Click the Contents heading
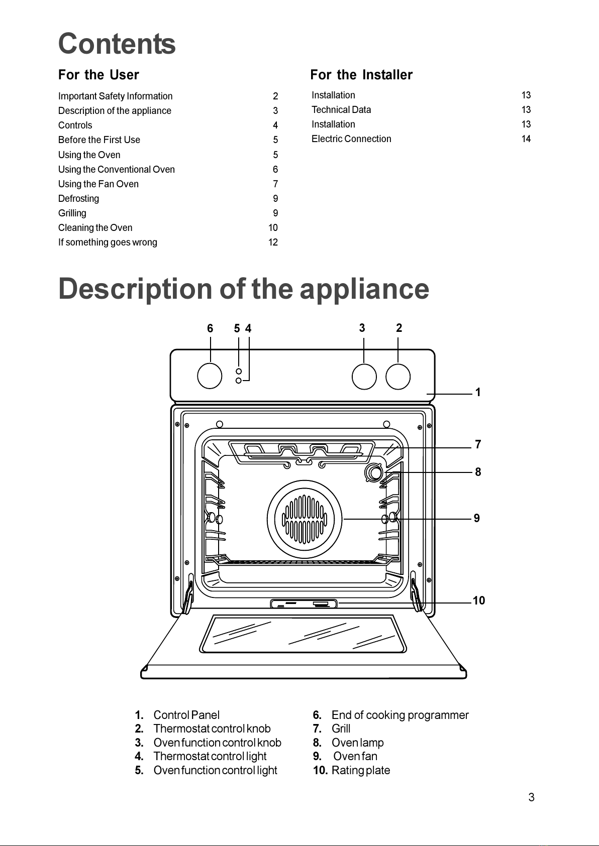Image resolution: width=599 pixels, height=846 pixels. [x=117, y=44]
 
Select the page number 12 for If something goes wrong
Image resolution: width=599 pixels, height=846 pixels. [x=273, y=242]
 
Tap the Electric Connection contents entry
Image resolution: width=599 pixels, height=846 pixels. [x=351, y=139]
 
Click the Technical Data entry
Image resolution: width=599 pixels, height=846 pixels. [x=341, y=109]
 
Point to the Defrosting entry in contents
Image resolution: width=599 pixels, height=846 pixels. [x=78, y=199]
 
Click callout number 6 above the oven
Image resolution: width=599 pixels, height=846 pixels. [x=210, y=328]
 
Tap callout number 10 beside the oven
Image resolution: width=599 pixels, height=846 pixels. [x=479, y=600]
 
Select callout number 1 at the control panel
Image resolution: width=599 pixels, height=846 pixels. [x=478, y=393]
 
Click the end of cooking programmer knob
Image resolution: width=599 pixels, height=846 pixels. [x=210, y=376]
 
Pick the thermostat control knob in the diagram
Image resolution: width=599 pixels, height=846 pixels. [x=398, y=377]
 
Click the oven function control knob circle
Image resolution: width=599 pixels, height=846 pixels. [x=364, y=377]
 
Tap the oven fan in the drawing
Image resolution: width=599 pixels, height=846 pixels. [x=305, y=519]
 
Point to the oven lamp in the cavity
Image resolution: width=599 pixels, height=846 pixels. [x=374, y=472]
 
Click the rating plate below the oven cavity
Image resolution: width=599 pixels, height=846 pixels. [x=304, y=603]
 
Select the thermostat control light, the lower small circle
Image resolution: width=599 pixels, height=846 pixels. [x=239, y=381]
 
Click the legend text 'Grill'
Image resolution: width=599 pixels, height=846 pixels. [x=341, y=729]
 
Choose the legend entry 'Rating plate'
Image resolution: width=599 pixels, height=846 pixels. [x=360, y=771]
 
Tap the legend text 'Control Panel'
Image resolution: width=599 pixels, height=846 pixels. [x=186, y=715]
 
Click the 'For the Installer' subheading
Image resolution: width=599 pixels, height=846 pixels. [x=361, y=75]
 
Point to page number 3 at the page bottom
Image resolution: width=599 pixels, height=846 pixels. [x=531, y=797]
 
